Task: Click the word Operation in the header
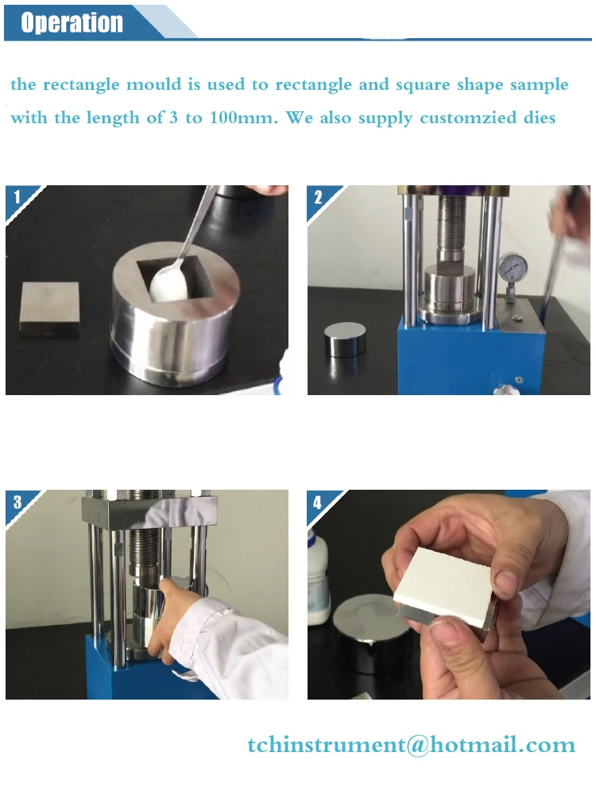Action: tap(72, 22)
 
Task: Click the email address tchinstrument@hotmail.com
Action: tap(412, 745)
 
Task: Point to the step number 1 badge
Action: tap(17, 196)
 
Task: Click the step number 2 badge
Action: tap(319, 197)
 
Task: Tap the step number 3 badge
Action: tap(17, 502)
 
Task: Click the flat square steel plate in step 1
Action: tap(49, 309)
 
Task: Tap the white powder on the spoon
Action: tap(169, 284)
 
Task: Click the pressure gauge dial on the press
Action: tap(513, 267)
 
